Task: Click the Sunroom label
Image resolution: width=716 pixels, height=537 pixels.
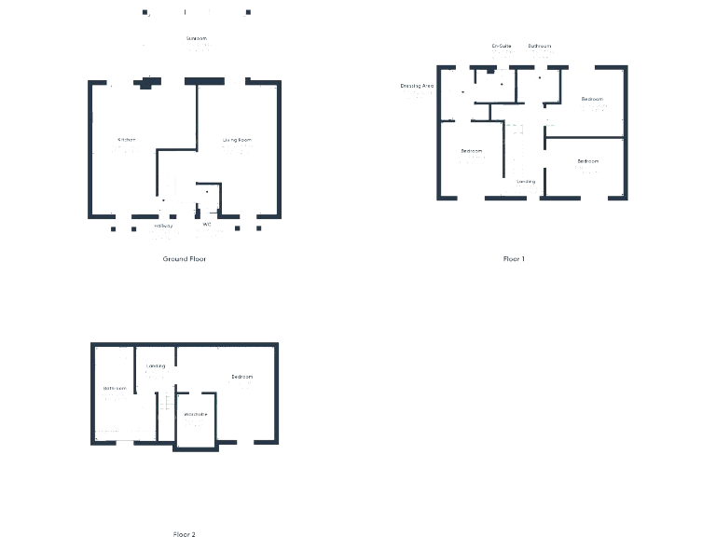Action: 196,38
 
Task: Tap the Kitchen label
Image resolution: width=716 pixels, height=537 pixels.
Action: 127,140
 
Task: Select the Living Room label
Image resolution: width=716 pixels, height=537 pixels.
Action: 237,140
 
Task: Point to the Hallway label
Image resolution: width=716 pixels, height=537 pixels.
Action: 163,226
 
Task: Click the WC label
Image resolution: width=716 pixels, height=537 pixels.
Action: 207,225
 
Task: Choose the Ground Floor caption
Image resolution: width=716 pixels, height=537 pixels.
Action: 185,258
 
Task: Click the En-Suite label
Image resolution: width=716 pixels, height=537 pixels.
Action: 502,46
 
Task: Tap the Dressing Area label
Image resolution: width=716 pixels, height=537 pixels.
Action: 417,86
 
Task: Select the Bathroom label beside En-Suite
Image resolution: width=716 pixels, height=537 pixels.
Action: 539,46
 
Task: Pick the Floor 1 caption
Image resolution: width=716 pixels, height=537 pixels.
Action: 514,258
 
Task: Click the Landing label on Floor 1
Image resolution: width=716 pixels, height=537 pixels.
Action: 526,182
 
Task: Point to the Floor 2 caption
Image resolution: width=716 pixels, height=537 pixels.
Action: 185,534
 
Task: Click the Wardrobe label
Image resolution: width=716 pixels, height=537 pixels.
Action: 195,413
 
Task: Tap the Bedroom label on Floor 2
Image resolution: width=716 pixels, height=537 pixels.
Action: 242,377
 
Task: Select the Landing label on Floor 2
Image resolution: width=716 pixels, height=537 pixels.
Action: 156,366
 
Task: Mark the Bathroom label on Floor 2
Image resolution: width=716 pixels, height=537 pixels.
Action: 114,388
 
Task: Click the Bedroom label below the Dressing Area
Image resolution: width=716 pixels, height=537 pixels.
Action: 472,151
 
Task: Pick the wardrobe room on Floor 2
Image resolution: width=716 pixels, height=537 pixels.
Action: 196,424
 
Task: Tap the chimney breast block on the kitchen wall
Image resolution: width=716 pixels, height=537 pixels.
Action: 146,83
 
